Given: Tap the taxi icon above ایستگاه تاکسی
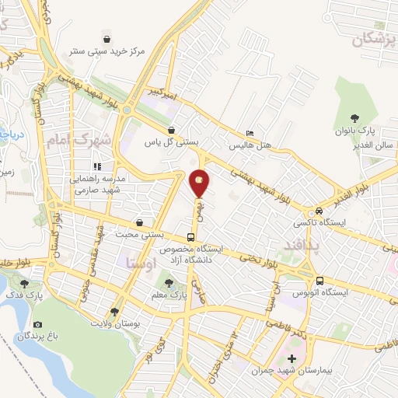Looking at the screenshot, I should pyautogui.click(x=318, y=212).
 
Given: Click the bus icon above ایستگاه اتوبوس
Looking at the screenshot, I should pyautogui.click(x=319, y=281).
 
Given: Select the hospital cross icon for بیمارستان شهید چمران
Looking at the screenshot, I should pyautogui.click(x=292, y=358).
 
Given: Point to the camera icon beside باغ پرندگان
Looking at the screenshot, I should pyautogui.click(x=38, y=325).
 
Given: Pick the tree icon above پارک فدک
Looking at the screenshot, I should pyautogui.click(x=25, y=284).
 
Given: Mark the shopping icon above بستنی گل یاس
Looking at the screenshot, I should pyautogui.click(x=171, y=131).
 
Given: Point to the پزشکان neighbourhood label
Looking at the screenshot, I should pyautogui.click(x=368, y=41).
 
